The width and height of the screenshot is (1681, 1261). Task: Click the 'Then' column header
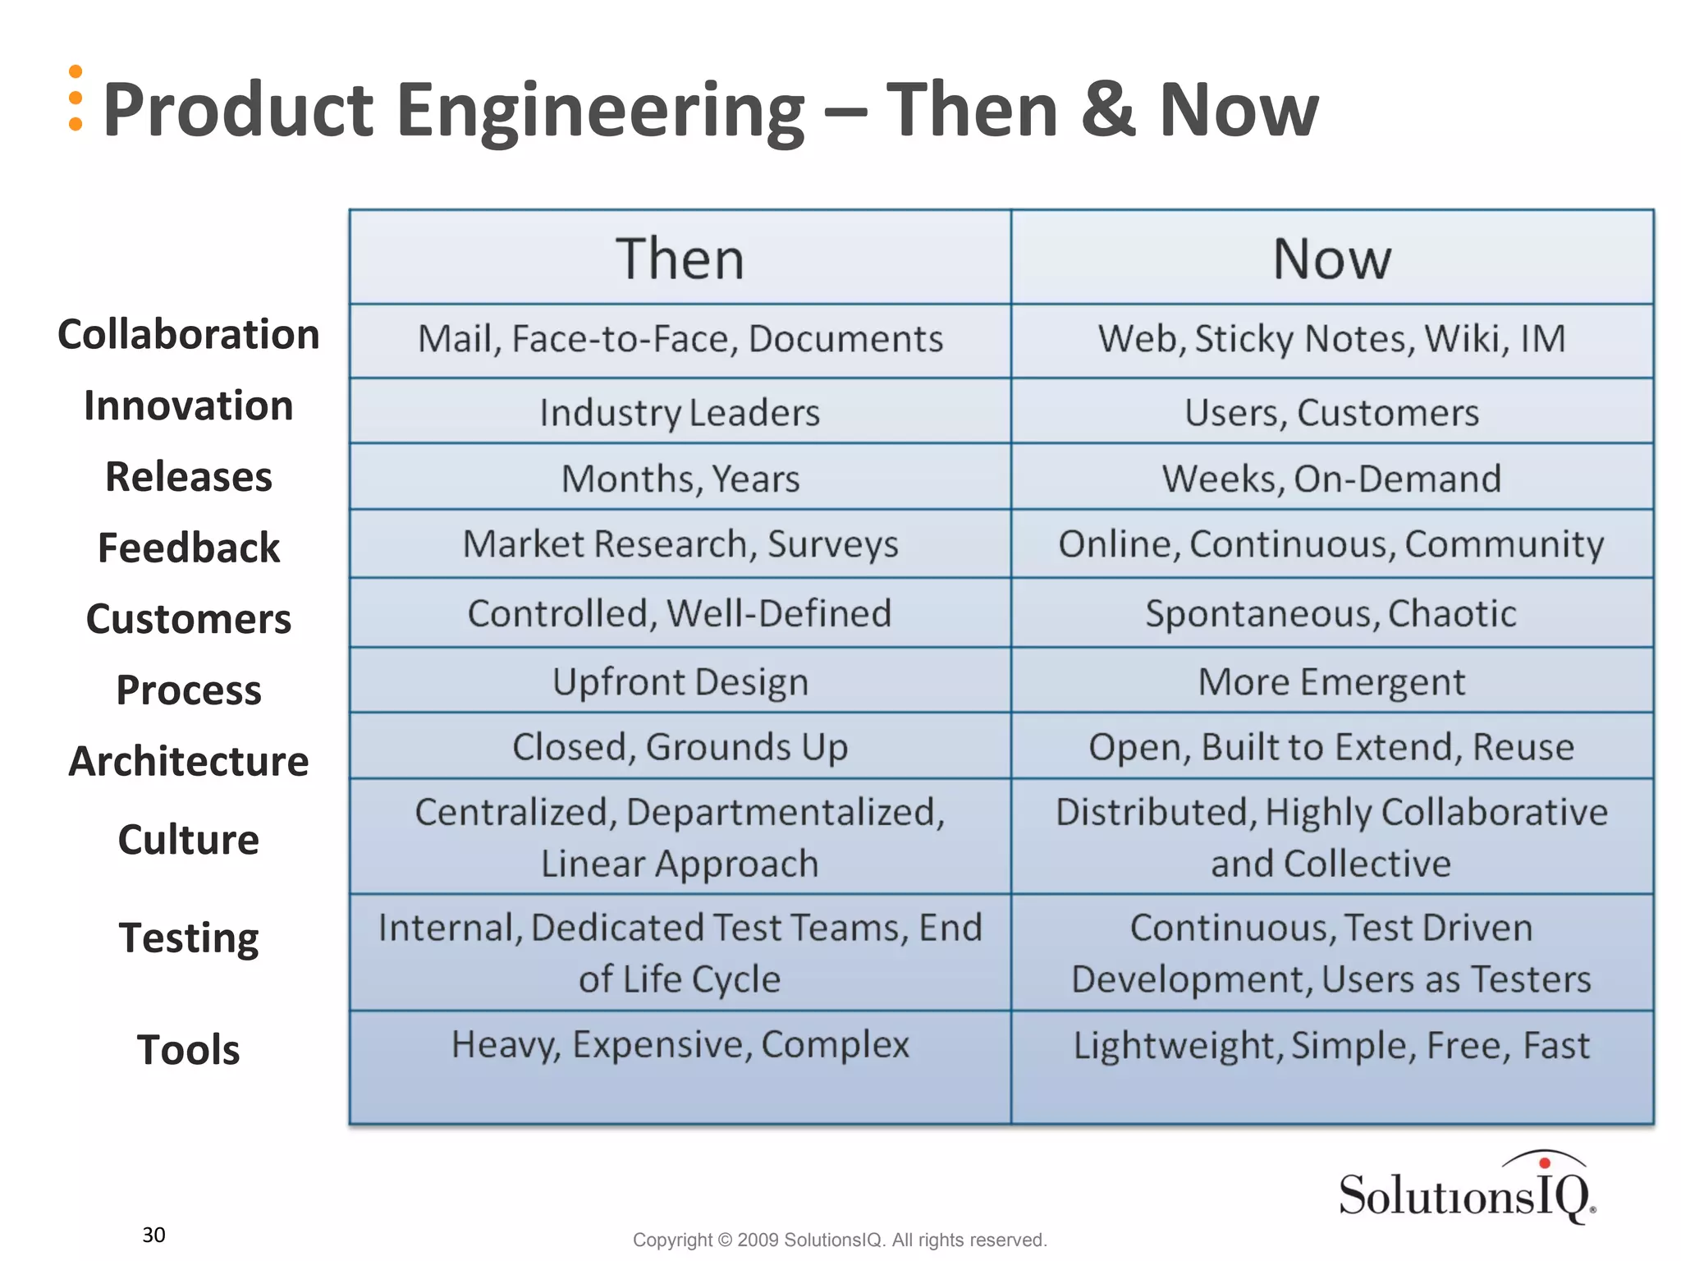pyautogui.click(x=680, y=259)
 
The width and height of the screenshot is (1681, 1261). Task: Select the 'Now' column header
pyautogui.click(x=1331, y=259)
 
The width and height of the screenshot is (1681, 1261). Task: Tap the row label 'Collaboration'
pyautogui.click(x=188, y=335)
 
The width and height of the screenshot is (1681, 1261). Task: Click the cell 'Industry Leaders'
pyautogui.click(x=680, y=412)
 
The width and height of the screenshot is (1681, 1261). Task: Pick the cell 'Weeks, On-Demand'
pyautogui.click(x=1331, y=479)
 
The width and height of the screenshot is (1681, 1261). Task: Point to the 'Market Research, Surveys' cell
pyautogui.click(x=680, y=544)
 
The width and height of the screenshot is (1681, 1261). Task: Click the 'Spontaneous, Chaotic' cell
pyautogui.click(x=1331, y=613)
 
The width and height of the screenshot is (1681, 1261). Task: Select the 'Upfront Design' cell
pyautogui.click(x=680, y=682)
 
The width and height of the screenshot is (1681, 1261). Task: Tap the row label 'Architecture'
pyautogui.click(x=188, y=761)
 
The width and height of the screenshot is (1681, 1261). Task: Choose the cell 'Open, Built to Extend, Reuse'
pyautogui.click(x=1331, y=747)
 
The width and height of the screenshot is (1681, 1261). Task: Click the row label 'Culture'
pyautogui.click(x=188, y=840)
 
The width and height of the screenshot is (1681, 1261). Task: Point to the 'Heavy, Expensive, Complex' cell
pyautogui.click(x=680, y=1045)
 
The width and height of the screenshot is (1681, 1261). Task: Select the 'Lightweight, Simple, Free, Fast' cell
pyautogui.click(x=1331, y=1045)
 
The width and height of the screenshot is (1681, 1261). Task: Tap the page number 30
pyautogui.click(x=153, y=1235)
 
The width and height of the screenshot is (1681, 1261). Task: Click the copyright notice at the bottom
pyautogui.click(x=840, y=1240)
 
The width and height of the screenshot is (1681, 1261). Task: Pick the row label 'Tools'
pyautogui.click(x=188, y=1050)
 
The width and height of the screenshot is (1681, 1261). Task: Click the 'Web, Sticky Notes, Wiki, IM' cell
pyautogui.click(x=1331, y=339)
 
